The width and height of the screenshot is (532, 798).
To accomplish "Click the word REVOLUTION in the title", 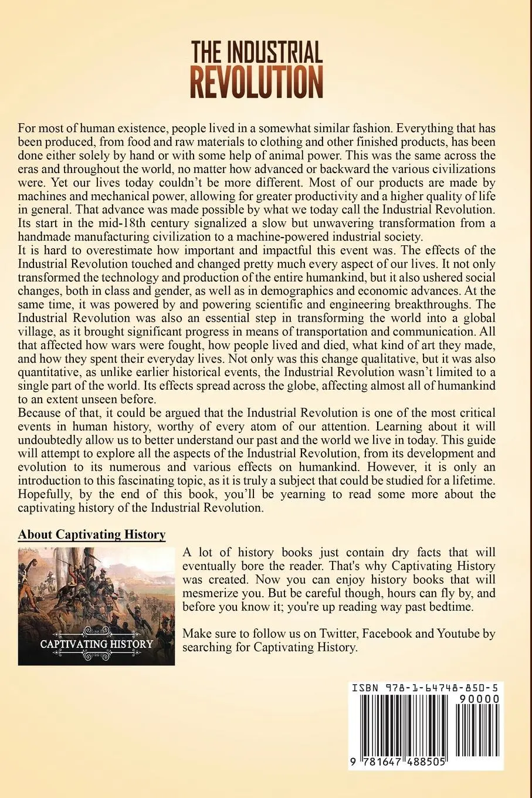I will pos(256,83).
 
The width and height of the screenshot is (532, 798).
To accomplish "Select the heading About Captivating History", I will pos(92,535).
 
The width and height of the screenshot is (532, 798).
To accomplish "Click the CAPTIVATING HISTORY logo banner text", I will pos(96,644).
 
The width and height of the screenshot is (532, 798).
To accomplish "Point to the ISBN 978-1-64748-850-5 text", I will pos(426,688).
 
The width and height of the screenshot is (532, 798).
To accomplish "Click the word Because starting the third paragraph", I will pos(40,413).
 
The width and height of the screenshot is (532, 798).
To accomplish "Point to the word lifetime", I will pos(473,481).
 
